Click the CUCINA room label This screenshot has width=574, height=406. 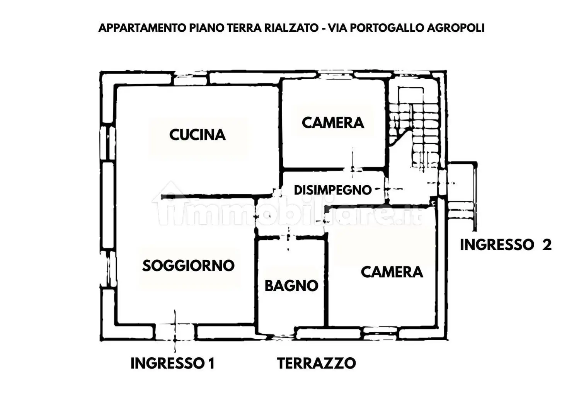tap(197, 135)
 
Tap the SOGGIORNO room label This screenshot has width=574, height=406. tap(188, 266)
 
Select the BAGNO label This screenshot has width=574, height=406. tap(291, 286)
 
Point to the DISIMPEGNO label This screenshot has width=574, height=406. tap(332, 190)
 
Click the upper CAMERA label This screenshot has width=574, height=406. tap(333, 123)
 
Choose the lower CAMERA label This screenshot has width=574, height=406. tap(392, 272)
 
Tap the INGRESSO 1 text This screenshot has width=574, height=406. tap(172, 363)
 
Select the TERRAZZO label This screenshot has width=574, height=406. tap(316, 363)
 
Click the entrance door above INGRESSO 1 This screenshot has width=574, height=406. tap(175, 332)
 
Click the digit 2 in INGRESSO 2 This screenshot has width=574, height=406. tap(547, 245)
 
